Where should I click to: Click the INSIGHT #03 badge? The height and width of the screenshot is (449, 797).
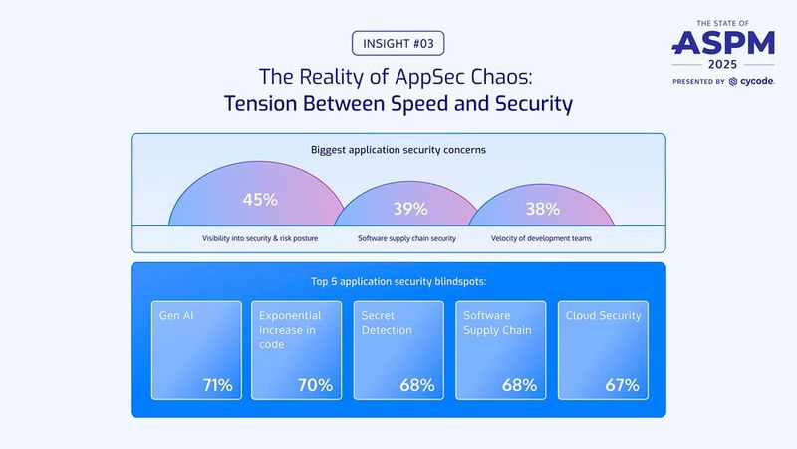(398, 44)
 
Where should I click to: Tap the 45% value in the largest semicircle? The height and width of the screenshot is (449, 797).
(260, 199)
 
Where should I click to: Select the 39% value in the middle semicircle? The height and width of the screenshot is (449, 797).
(409, 209)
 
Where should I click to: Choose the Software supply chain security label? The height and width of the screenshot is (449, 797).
(406, 239)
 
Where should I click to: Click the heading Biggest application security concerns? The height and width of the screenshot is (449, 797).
(398, 151)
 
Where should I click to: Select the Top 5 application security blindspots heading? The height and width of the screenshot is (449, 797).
(398, 282)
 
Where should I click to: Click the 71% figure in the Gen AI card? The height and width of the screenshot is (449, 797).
(216, 385)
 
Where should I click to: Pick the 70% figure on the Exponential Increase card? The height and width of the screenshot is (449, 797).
(315, 385)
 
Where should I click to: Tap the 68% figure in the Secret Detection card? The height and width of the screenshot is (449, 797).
(416, 385)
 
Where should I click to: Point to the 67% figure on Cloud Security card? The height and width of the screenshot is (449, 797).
(621, 385)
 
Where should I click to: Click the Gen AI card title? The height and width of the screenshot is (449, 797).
(176, 316)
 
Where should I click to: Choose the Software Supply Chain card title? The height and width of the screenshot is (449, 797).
(497, 323)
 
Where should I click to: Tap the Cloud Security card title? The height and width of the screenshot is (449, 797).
(603, 316)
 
